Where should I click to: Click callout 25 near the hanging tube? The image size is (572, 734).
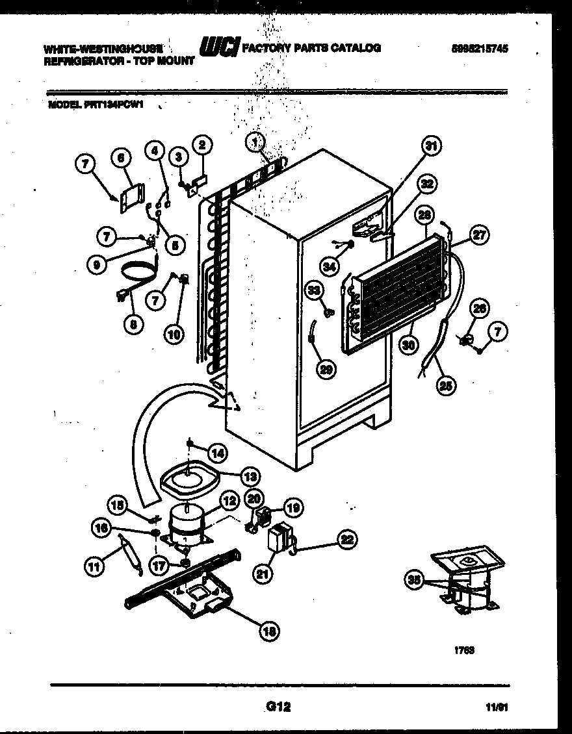click(x=447, y=385)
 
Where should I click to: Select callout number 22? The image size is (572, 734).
click(x=347, y=538)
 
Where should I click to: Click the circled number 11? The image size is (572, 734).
click(x=95, y=567)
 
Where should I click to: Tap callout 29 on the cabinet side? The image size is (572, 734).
click(x=326, y=369)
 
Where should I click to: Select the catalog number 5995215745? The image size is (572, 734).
click(x=478, y=48)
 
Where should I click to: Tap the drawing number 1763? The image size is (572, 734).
click(x=460, y=649)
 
